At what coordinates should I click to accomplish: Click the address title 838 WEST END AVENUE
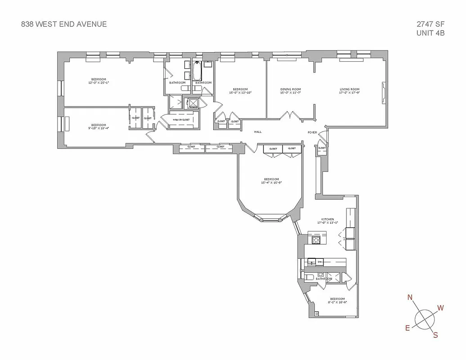[64, 24]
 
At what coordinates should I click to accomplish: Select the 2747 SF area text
[430, 24]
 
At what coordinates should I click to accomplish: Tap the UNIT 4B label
[431, 33]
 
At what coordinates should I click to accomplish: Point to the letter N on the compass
[410, 297]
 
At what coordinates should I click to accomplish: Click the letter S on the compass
[435, 334]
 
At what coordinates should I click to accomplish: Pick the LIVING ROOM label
[349, 89]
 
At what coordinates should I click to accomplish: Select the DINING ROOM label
[291, 89]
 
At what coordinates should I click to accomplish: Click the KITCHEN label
[327, 219]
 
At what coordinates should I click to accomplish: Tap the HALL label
[258, 132]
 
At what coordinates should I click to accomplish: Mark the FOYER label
[313, 133]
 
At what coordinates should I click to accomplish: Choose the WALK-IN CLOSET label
[181, 120]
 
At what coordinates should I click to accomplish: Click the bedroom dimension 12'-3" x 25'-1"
[99, 83]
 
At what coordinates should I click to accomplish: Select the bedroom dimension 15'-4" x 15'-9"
[272, 182]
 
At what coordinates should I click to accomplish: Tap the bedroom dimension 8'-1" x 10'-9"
[337, 302]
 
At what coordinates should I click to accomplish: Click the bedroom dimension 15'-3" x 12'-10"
[240, 93]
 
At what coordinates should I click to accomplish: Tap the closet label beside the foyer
[322, 148]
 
